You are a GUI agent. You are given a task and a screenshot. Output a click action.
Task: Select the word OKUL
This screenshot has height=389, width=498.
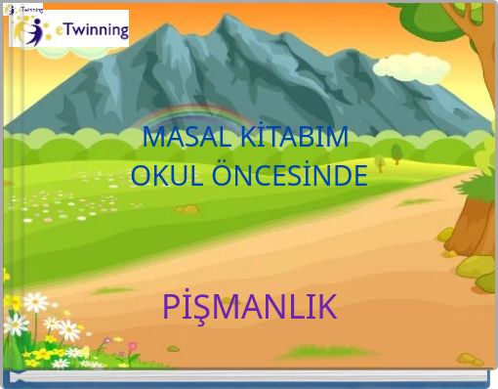point(161,177)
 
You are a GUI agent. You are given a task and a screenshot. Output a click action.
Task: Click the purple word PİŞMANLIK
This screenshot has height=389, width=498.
point(249,307)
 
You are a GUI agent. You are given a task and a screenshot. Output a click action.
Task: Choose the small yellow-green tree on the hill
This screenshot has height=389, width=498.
point(395,152)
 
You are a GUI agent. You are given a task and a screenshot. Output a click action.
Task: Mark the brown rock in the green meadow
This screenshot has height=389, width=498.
point(187,209)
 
